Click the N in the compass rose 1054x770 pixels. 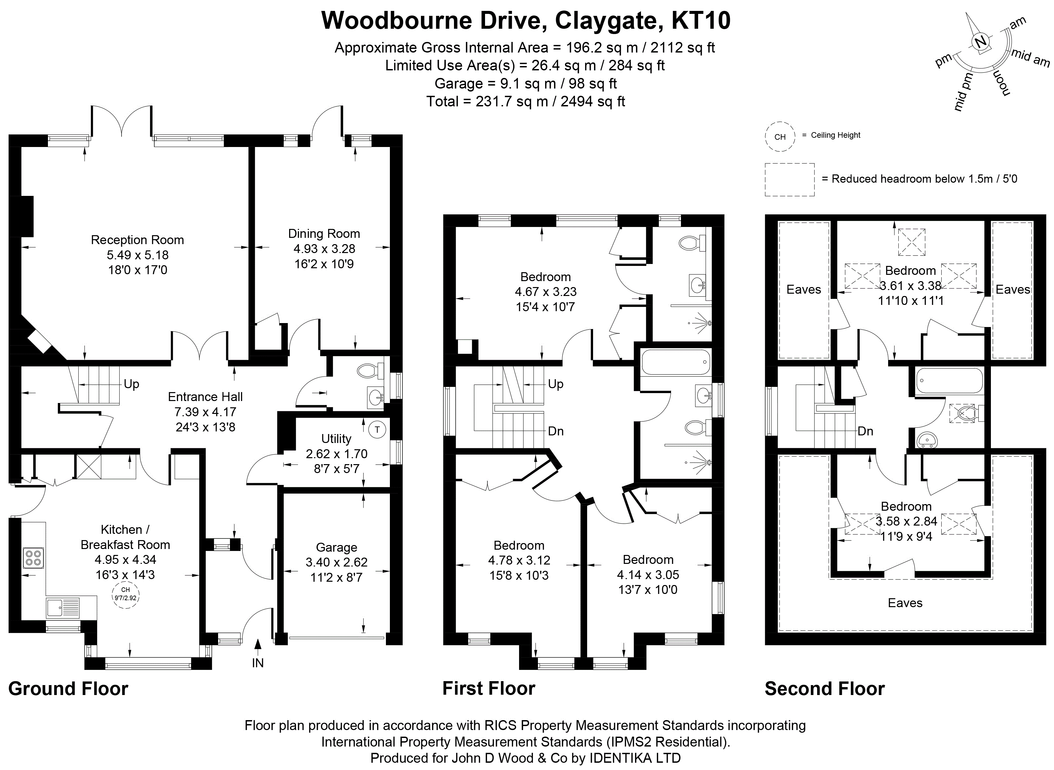click(x=981, y=42)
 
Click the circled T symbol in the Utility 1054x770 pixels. click(x=377, y=430)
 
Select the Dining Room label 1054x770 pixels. click(x=324, y=234)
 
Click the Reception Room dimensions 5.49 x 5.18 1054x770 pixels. click(x=137, y=255)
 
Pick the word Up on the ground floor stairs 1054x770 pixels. click(x=132, y=384)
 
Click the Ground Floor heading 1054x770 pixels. click(x=68, y=688)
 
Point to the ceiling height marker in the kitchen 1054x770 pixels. click(x=126, y=594)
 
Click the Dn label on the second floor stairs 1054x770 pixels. click(x=865, y=431)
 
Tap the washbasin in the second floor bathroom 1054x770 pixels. click(x=927, y=439)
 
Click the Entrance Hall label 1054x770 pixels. click(x=205, y=397)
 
